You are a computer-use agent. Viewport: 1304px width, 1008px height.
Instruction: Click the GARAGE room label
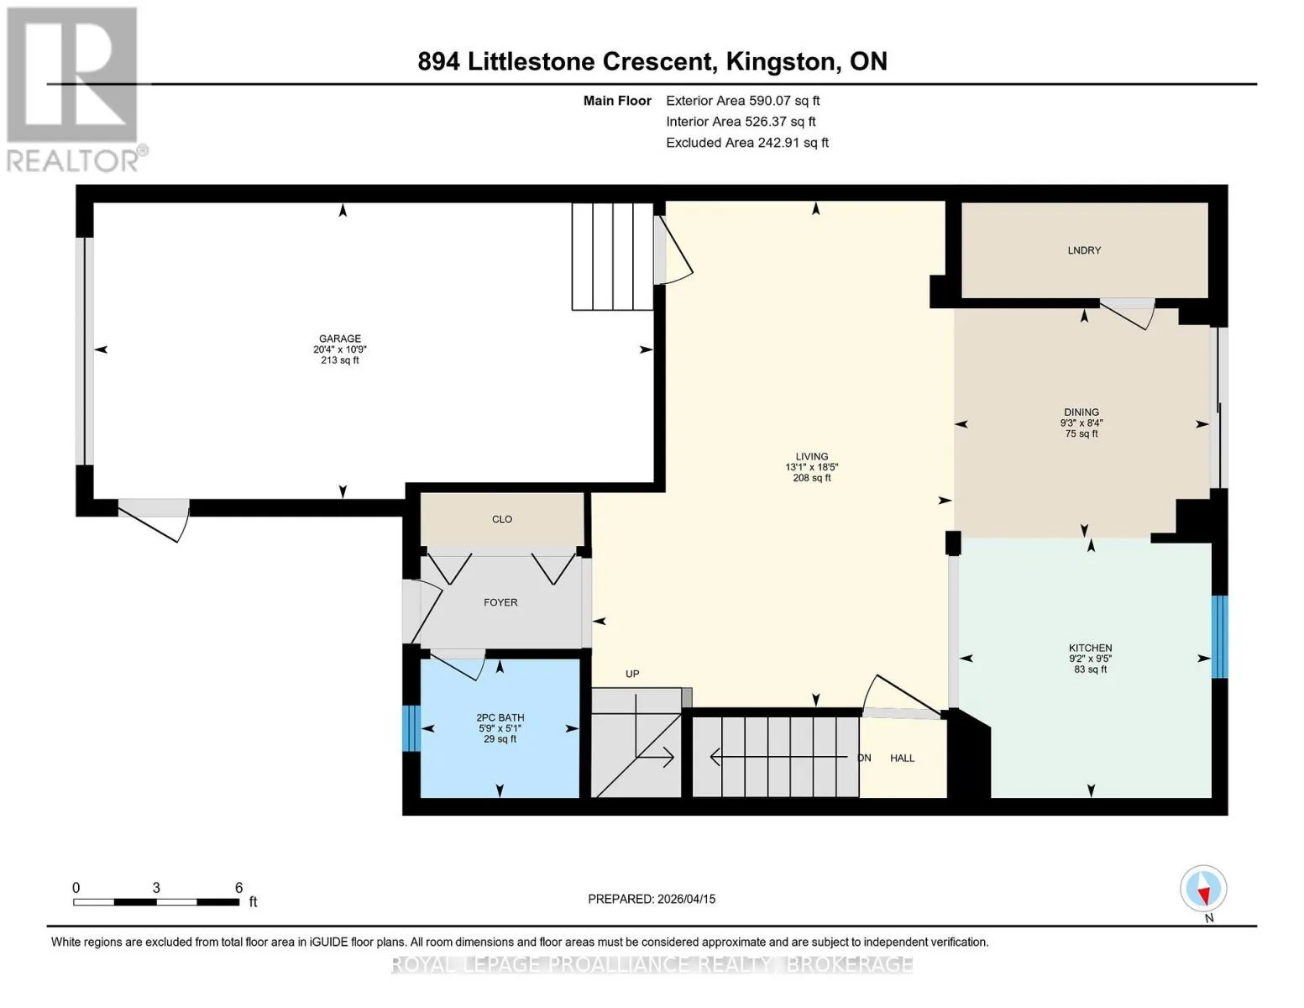[340, 339]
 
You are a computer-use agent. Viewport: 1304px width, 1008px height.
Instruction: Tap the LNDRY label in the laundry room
[1084, 250]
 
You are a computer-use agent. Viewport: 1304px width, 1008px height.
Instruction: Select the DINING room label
[1081, 412]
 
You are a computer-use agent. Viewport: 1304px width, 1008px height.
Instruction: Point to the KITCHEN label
[1091, 648]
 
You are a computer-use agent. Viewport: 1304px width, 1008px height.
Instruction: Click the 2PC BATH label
[500, 717]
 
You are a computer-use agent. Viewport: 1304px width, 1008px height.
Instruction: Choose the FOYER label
[500, 602]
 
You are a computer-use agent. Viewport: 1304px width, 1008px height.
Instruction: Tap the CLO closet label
[501, 519]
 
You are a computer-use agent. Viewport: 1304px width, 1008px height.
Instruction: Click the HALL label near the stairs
[902, 759]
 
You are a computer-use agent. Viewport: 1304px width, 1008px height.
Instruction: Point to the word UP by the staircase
[632, 675]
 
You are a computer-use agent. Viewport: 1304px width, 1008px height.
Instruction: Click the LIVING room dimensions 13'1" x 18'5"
[811, 467]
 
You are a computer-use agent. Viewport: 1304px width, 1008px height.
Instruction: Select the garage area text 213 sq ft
[340, 360]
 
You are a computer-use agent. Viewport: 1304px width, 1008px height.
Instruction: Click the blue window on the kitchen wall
[1219, 637]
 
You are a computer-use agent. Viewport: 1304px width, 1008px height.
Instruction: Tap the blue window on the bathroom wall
[411, 728]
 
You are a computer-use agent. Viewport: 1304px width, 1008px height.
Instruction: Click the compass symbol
[1203, 889]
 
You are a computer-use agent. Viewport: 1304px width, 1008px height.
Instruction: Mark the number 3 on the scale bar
[156, 887]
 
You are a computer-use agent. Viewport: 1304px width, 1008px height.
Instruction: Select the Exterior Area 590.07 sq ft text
[742, 101]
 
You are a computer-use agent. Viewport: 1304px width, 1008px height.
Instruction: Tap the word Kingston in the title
[779, 62]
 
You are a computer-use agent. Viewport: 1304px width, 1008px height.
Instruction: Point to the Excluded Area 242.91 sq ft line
[747, 143]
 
